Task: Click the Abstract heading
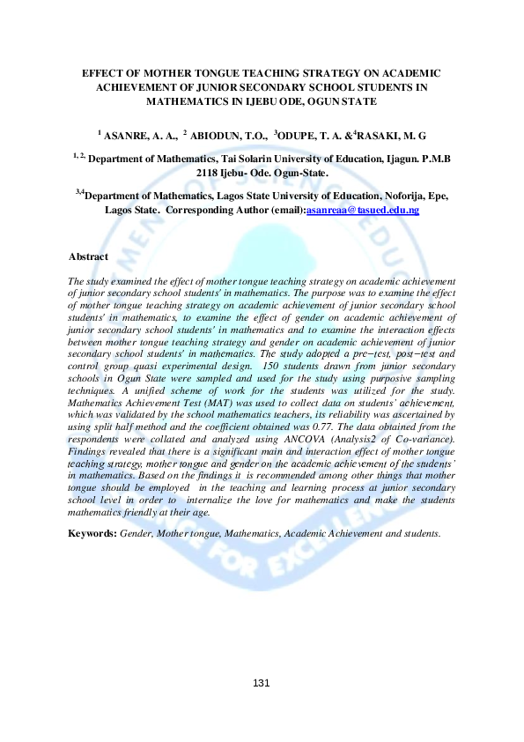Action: point(88,257)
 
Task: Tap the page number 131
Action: point(262,683)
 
